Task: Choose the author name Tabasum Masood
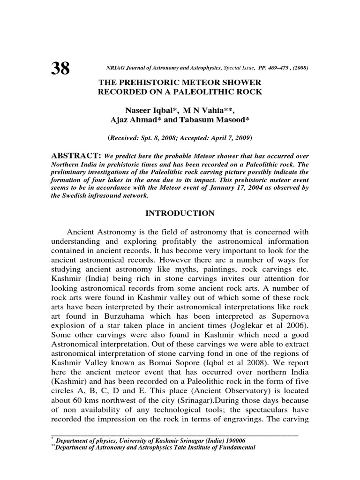[219, 120]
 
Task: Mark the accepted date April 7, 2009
[231, 138]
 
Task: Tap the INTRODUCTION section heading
[181, 214]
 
